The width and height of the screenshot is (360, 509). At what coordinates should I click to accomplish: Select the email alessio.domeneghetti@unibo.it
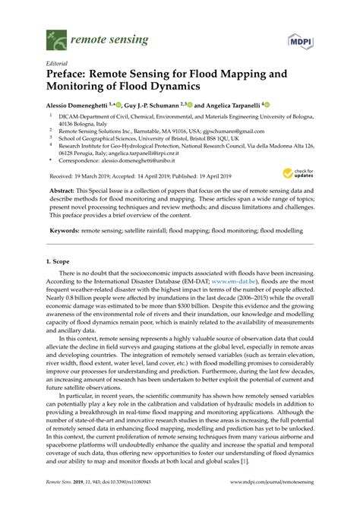(143, 160)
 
